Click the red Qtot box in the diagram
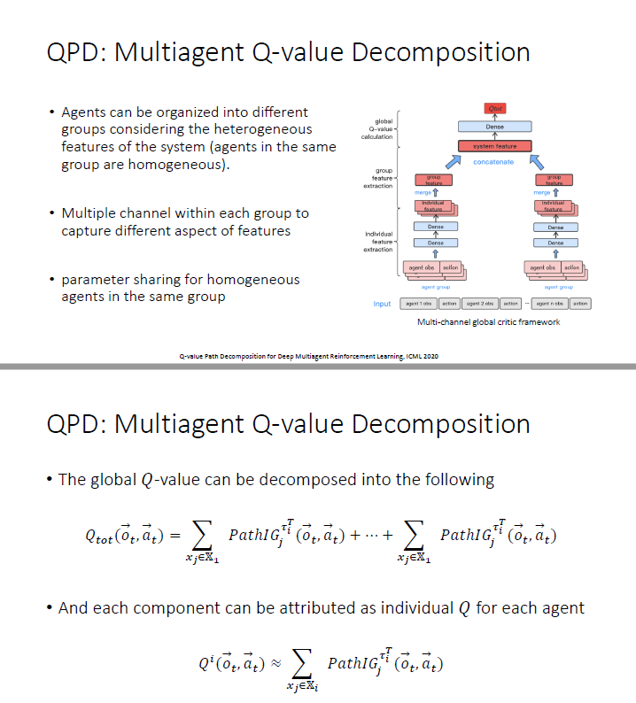495,108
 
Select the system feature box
495,146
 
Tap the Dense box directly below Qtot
495,127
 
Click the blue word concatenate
493,162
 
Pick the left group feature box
434,180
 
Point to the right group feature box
554,180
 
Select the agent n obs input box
550,304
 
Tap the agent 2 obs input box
481,304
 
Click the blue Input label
382,304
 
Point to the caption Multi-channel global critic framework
488,322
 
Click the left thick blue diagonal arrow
454,161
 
